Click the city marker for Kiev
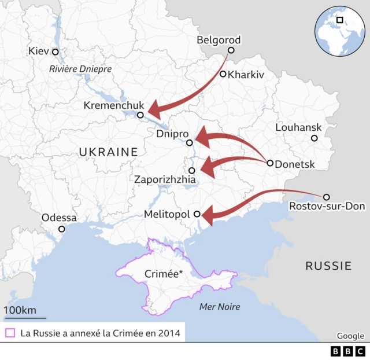[x=55, y=52]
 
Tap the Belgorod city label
[x=219, y=40]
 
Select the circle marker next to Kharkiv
[x=223, y=74]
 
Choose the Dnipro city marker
[x=189, y=143]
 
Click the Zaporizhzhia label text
[x=165, y=180]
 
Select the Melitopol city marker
[x=197, y=214]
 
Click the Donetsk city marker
[x=270, y=163]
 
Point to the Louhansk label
[x=298, y=127]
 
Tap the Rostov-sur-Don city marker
[x=326, y=197]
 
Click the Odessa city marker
[x=62, y=229]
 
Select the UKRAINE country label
[x=108, y=152]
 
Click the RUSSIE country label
[x=328, y=266]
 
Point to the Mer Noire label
[x=219, y=307]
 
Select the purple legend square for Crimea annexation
[x=9, y=333]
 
